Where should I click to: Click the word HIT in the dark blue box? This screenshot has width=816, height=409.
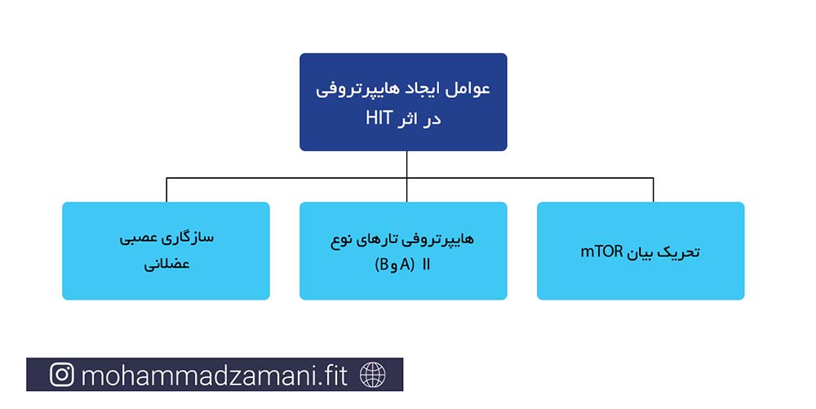pos(379,118)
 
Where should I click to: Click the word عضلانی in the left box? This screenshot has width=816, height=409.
pos(166,264)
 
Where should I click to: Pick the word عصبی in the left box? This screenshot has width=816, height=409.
pos(139,238)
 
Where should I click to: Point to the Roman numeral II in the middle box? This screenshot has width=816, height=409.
pos(426,265)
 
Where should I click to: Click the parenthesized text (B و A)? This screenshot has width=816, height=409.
pos(394,265)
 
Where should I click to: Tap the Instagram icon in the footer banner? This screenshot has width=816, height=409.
pos(62,375)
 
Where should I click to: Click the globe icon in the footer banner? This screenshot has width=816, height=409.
pos(373,375)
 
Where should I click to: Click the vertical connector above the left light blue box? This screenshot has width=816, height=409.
pos(166,190)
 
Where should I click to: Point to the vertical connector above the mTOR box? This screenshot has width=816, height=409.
pos(653,190)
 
